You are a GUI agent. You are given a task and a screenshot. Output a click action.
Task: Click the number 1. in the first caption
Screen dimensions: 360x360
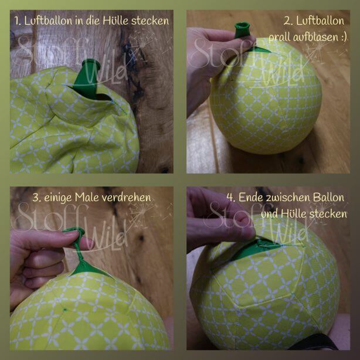(18, 21)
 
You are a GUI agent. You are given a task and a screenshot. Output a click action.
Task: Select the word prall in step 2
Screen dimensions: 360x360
(279, 37)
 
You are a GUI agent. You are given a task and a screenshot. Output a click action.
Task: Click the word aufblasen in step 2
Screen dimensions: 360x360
(315, 37)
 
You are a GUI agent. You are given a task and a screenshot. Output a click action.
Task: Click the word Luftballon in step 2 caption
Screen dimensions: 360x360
(320, 21)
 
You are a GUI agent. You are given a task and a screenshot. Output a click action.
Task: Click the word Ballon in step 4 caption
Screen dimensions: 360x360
(329, 198)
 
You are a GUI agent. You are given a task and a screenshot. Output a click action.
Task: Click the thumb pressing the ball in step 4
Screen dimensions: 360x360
(236, 232)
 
